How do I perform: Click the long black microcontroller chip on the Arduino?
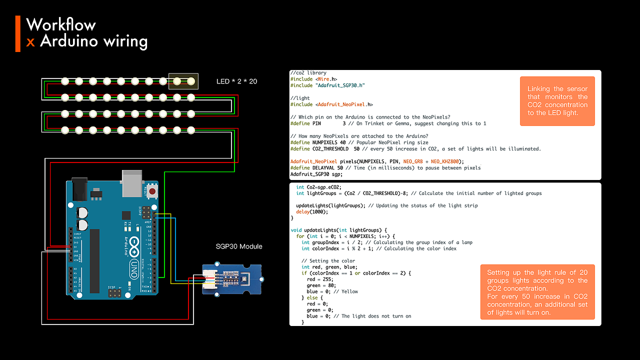tap(94, 260)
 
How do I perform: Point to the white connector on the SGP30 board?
tap(208, 278)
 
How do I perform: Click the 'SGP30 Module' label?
tap(239, 246)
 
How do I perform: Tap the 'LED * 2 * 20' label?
tap(236, 81)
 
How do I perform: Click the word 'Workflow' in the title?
tap(61, 24)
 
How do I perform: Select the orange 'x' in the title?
tap(30, 41)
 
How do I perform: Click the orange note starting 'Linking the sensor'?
tap(557, 101)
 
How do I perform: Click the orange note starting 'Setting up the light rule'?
tap(537, 292)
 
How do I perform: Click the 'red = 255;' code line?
tap(318, 279)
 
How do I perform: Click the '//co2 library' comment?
tap(308, 73)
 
